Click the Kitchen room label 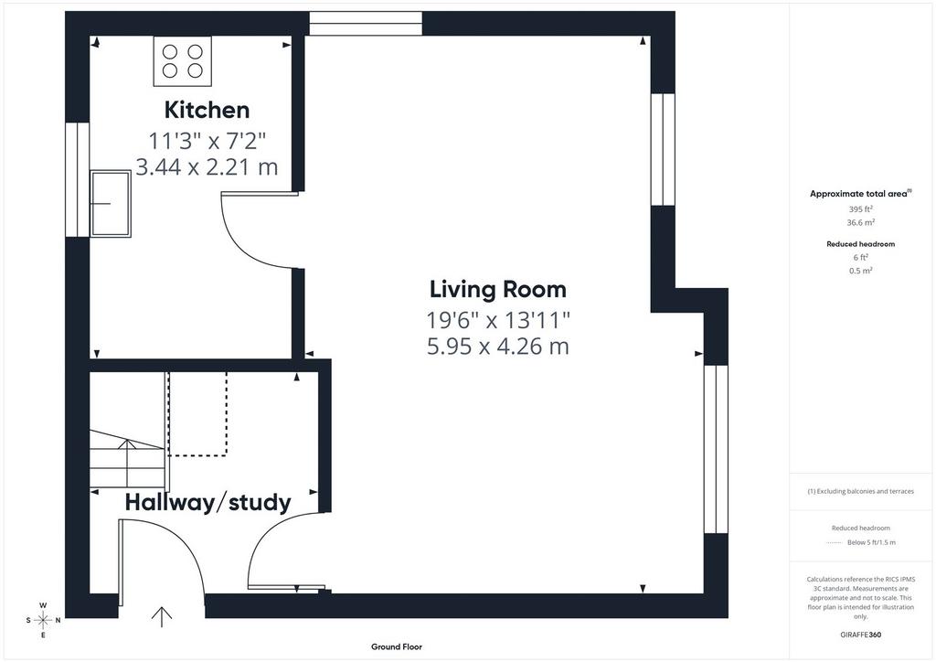(207, 111)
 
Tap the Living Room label (498, 290)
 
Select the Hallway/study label (207, 503)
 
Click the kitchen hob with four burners (183, 61)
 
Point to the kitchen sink (111, 204)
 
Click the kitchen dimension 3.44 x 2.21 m (207, 167)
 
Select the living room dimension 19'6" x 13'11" (498, 321)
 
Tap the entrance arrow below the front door (162, 617)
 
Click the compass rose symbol (43, 620)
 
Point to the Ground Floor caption (397, 646)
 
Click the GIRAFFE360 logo (860, 635)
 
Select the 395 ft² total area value (860, 208)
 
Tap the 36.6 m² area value (860, 222)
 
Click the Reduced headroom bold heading (860, 243)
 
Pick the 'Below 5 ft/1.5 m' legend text (871, 542)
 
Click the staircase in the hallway (127, 458)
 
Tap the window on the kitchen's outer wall (77, 180)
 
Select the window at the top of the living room (366, 24)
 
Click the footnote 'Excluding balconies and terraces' (860, 491)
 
